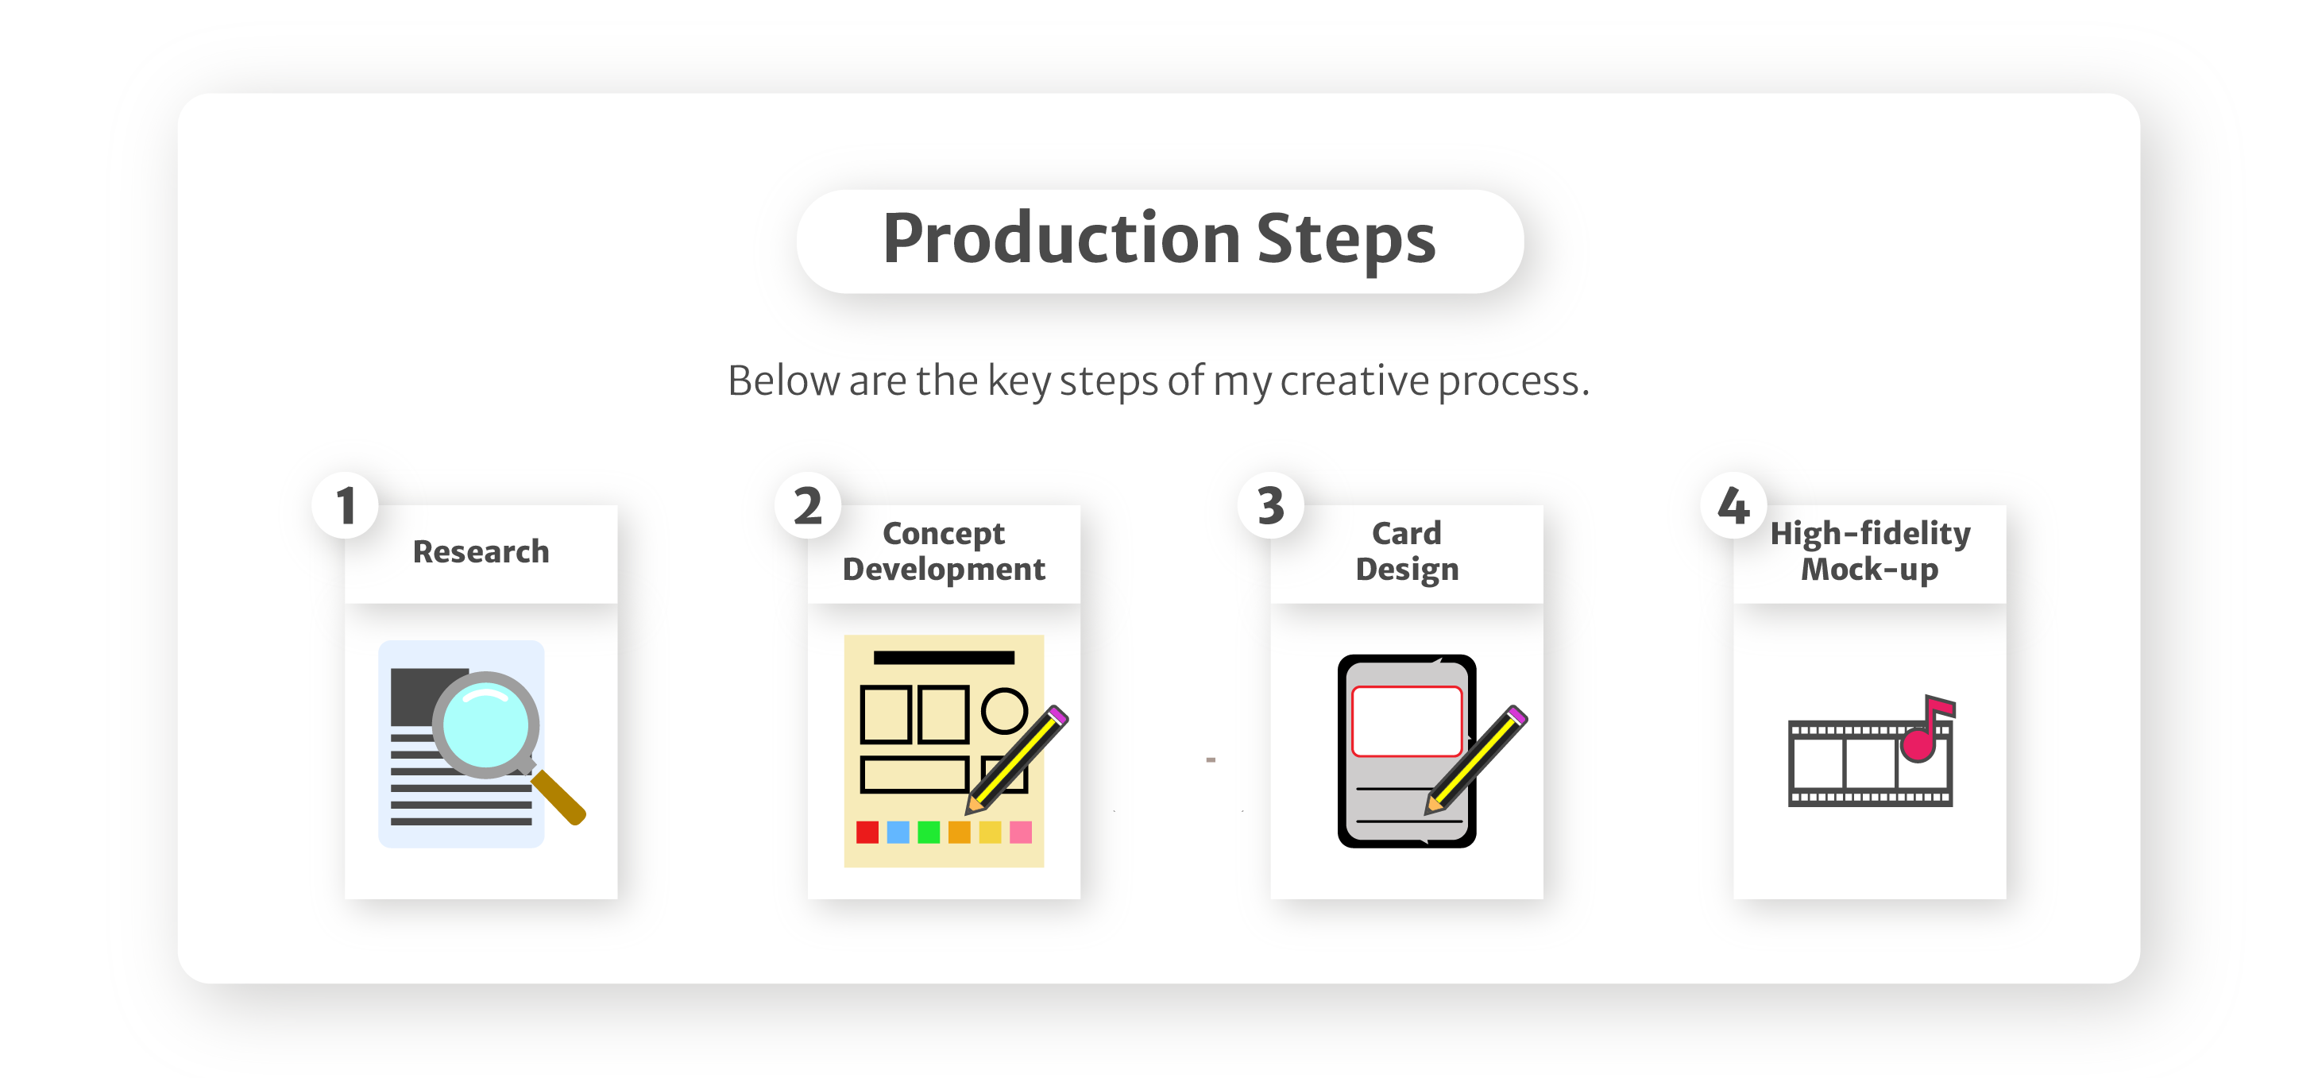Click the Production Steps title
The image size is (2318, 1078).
click(x=1159, y=238)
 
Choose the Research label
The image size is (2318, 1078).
click(x=481, y=551)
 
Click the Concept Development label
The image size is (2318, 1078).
click(x=944, y=551)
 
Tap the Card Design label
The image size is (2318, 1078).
click(x=1407, y=551)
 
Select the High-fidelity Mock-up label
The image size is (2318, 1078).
click(x=1870, y=551)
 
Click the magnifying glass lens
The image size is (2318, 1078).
click(x=486, y=724)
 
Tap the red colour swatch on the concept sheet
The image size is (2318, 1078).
click(x=867, y=833)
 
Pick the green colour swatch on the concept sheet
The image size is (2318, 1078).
click(x=928, y=833)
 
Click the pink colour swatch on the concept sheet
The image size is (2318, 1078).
click(x=1021, y=833)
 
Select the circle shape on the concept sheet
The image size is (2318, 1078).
click(x=1004, y=711)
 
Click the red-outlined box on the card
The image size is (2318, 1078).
click(x=1407, y=721)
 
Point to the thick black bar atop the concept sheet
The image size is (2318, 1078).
click(x=943, y=658)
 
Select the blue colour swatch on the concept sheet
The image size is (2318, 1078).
click(x=897, y=833)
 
